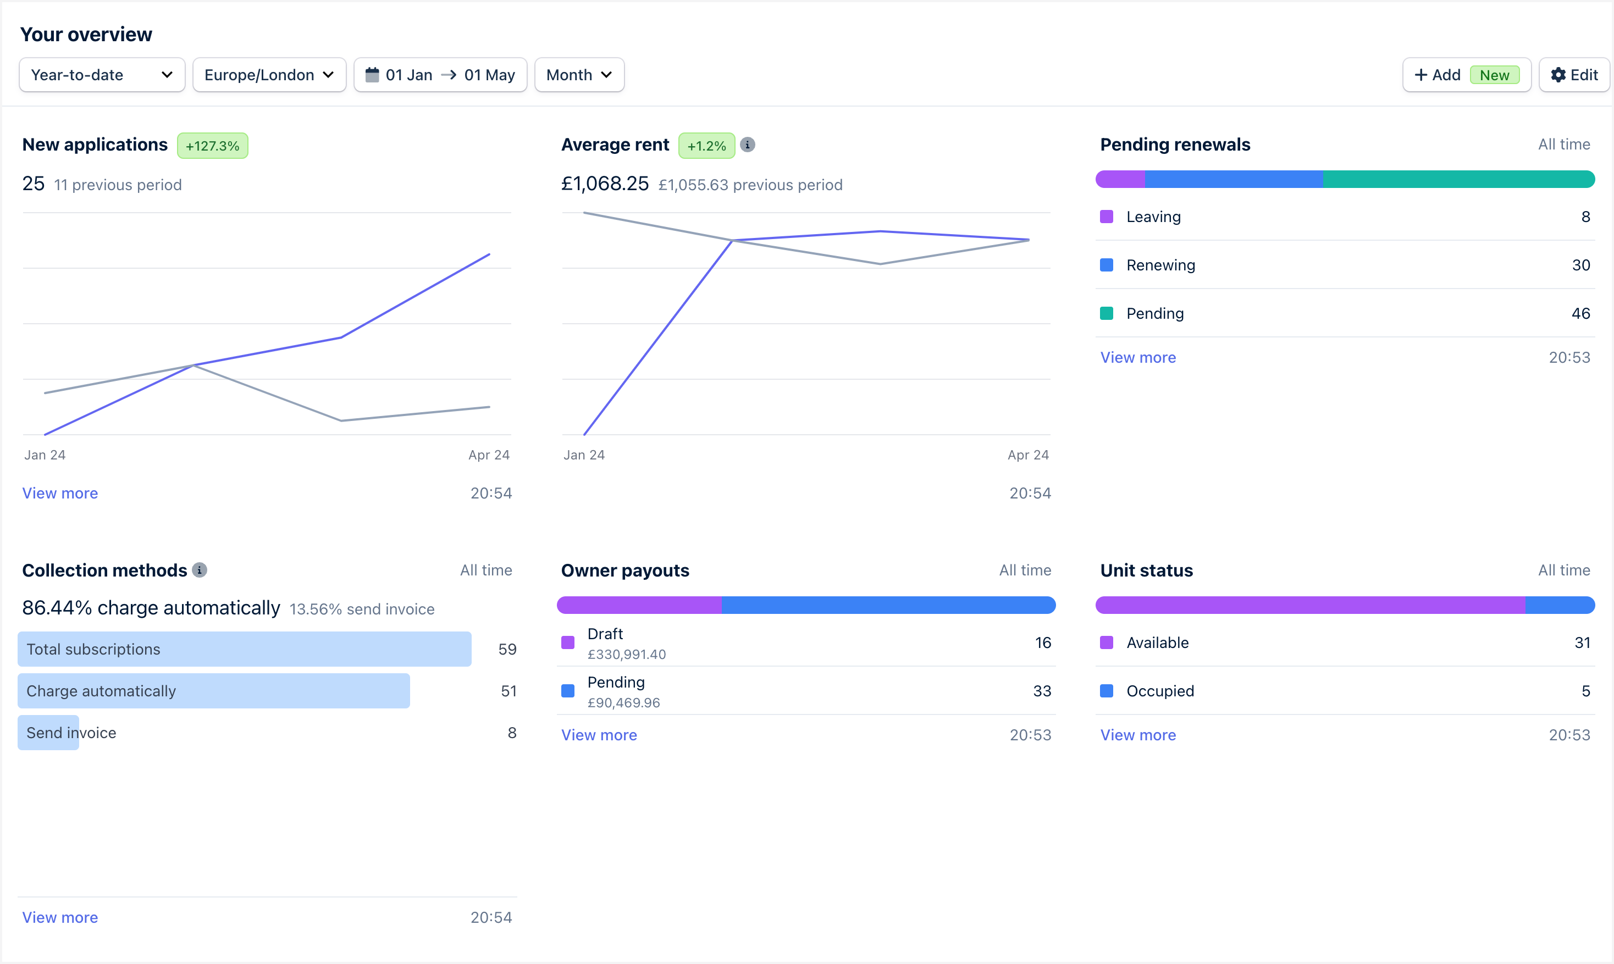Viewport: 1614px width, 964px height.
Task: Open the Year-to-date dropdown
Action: coord(102,75)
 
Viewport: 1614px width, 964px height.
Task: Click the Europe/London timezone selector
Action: coord(269,75)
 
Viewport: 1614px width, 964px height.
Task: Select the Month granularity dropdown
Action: coord(579,75)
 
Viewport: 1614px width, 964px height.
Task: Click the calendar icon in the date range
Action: coord(372,75)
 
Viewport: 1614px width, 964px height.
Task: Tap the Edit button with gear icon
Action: coord(1574,75)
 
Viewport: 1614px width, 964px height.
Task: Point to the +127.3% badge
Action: coord(213,146)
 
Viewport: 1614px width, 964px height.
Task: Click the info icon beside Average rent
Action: coord(747,144)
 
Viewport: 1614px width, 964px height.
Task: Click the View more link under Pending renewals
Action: coord(1138,357)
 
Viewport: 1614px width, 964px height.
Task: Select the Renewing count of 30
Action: coord(1580,265)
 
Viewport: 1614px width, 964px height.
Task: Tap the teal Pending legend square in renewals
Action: coord(1107,313)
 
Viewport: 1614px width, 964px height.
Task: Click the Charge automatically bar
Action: coord(214,690)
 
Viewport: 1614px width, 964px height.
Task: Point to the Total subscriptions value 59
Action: coord(507,649)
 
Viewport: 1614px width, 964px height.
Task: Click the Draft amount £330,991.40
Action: coord(626,655)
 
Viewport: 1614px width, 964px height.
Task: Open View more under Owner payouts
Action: coord(599,735)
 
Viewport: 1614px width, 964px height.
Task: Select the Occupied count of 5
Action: coord(1585,690)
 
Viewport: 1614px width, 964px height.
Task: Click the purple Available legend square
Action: coord(1107,642)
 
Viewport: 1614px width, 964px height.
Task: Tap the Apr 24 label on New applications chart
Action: coord(489,455)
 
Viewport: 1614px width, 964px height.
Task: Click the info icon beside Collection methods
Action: coord(200,570)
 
